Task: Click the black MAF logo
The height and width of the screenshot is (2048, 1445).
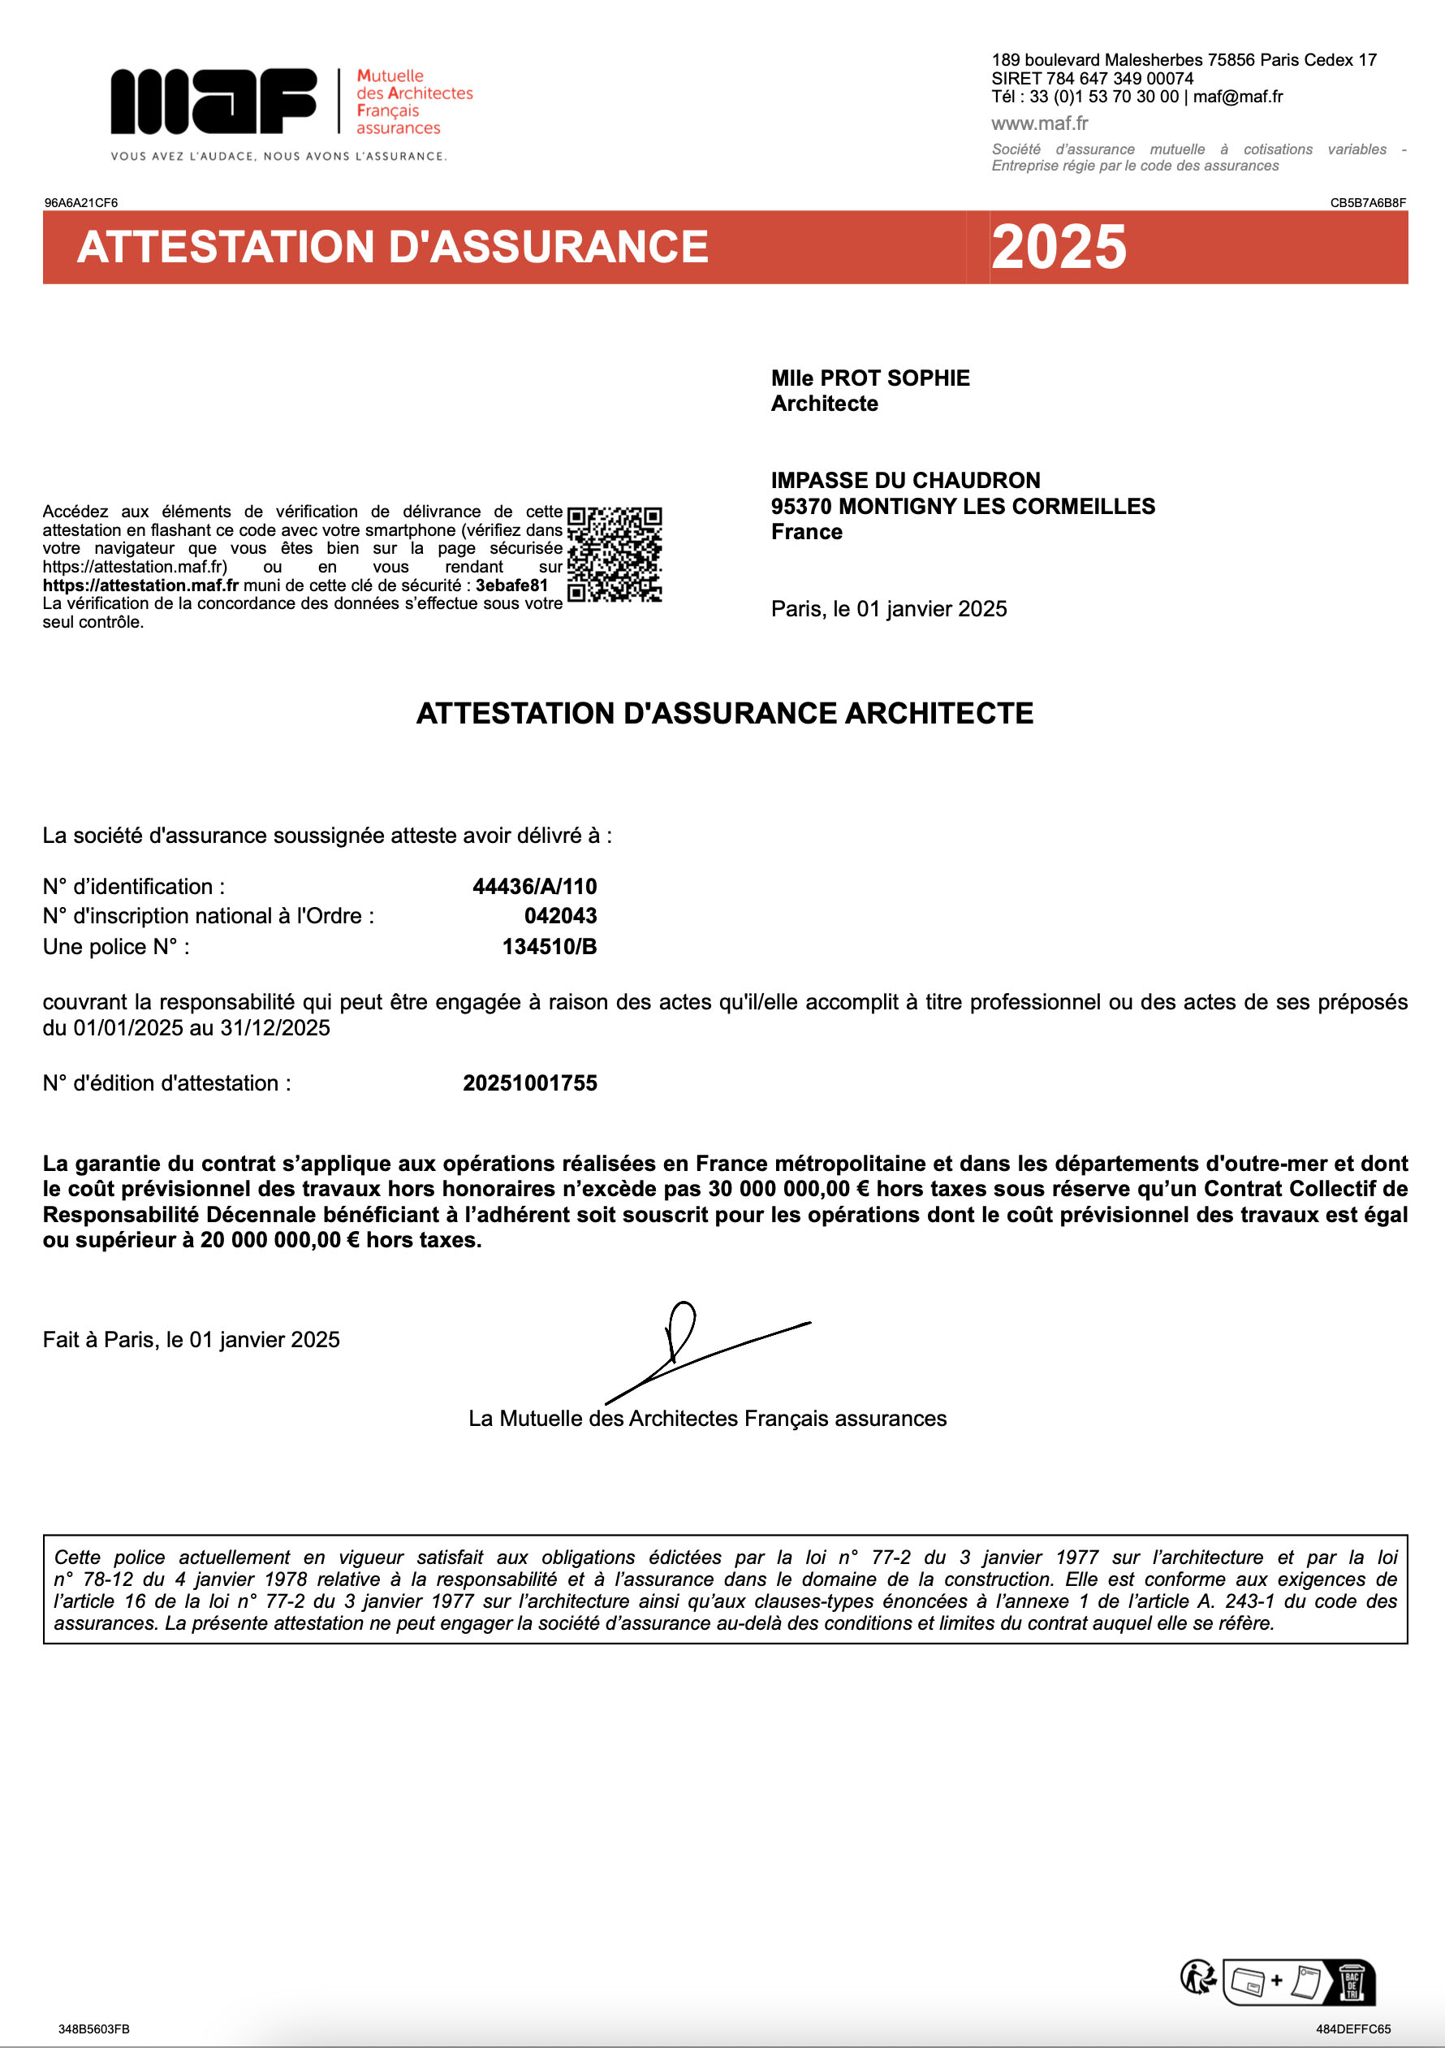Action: tap(214, 101)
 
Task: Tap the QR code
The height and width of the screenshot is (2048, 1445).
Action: tap(615, 554)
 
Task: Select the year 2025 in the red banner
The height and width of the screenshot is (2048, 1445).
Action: tap(1059, 247)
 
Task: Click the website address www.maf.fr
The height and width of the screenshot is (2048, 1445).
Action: tap(1039, 123)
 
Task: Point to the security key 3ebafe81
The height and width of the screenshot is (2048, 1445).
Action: tap(511, 585)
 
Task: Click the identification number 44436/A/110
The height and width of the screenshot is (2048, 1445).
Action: tap(534, 886)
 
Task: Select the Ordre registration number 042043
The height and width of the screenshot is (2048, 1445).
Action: tap(560, 915)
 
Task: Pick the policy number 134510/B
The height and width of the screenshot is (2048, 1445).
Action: tap(549, 946)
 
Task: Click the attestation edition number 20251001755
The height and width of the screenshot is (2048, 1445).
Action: tap(530, 1082)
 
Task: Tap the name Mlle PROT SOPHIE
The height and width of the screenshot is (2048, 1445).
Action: tap(869, 378)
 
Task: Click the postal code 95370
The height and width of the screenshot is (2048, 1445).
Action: tap(801, 507)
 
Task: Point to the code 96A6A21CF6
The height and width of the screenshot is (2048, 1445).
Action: tap(81, 202)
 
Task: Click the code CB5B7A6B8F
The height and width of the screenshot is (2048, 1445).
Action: tap(1367, 202)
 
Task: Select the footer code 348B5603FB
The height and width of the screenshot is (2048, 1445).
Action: tap(93, 2029)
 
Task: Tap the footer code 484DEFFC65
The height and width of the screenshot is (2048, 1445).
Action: tap(1353, 2029)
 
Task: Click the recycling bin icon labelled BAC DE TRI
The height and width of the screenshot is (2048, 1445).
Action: tap(1352, 1981)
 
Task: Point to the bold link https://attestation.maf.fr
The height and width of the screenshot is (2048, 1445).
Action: tap(140, 585)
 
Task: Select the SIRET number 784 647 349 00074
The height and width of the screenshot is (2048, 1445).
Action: tap(1119, 79)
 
